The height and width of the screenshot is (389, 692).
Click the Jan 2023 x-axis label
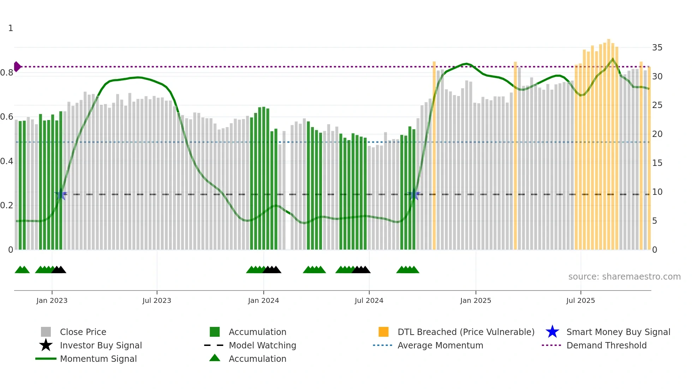[52, 300]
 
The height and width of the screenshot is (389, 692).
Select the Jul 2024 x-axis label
[369, 300]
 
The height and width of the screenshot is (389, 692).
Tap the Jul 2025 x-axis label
[580, 300]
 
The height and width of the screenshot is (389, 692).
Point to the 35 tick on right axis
[657, 48]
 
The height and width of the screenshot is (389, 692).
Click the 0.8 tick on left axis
[7, 73]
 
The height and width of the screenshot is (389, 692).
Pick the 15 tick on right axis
[657, 163]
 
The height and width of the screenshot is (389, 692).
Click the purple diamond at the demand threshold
[17, 66]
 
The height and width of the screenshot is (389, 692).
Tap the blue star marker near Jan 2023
[61, 194]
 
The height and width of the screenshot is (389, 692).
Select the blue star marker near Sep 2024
[414, 194]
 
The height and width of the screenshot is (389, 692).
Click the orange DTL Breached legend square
[383, 332]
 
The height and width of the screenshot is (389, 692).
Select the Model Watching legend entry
[262, 345]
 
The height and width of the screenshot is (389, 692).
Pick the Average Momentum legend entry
[440, 345]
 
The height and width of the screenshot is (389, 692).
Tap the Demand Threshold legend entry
[606, 345]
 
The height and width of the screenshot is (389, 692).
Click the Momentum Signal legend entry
[98, 359]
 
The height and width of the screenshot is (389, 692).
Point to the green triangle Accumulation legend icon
[215, 358]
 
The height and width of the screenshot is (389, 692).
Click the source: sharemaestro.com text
[624, 277]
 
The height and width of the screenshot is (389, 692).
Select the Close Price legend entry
[83, 332]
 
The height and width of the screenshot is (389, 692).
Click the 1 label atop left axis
[11, 28]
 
